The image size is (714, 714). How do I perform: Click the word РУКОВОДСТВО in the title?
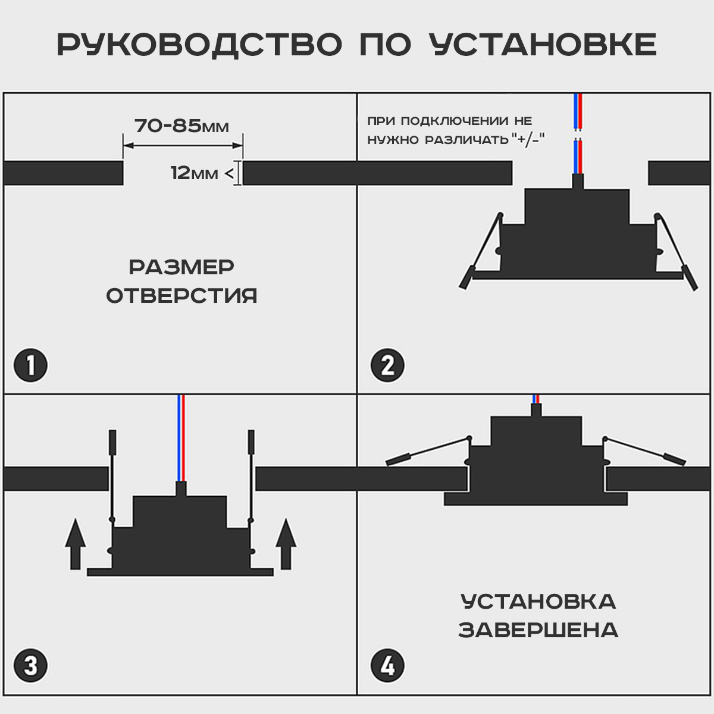point(200,45)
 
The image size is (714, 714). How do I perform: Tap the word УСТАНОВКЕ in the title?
point(542,45)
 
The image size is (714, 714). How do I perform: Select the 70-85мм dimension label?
point(181,126)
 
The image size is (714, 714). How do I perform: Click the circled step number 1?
point(30,365)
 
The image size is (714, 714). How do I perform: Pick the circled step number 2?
point(387,365)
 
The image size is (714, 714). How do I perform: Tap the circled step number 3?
point(30,665)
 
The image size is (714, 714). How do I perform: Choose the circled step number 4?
point(387,665)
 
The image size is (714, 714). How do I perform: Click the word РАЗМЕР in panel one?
point(181,267)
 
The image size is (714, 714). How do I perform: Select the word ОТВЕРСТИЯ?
point(181,296)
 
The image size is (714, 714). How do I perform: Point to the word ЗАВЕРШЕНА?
point(538,630)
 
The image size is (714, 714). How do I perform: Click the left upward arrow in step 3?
point(76,543)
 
